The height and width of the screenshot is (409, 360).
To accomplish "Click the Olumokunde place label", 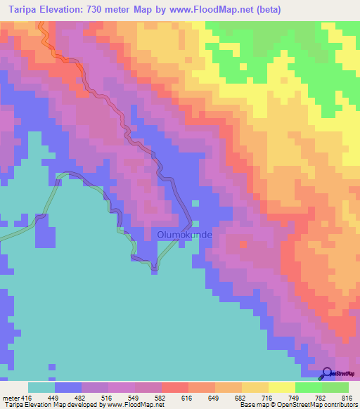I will point(184,235).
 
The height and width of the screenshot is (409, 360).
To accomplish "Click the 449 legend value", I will point(55,398).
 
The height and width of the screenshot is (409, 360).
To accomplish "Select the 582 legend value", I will point(162,398).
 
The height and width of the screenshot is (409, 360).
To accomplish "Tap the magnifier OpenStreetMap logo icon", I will point(327,374).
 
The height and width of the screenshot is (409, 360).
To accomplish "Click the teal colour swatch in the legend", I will point(41,387).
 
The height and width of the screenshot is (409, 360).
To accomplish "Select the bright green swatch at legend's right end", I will point(335,387).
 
